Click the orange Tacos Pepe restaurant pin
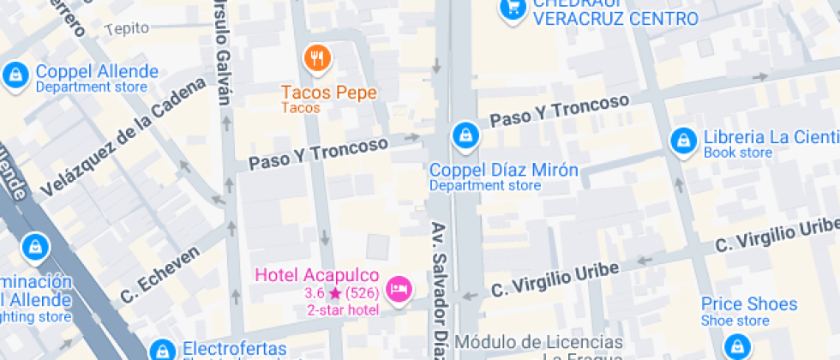(318, 59)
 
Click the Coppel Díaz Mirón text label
(503, 170)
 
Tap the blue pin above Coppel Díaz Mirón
(464, 134)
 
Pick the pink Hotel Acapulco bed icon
(398, 289)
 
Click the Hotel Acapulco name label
(317, 275)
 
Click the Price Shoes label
(748, 304)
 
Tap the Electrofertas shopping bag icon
(160, 350)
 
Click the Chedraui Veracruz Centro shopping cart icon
(513, 9)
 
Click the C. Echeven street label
(160, 274)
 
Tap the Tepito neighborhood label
(126, 28)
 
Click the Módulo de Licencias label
(539, 341)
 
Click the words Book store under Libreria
(737, 153)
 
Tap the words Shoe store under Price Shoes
(735, 321)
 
